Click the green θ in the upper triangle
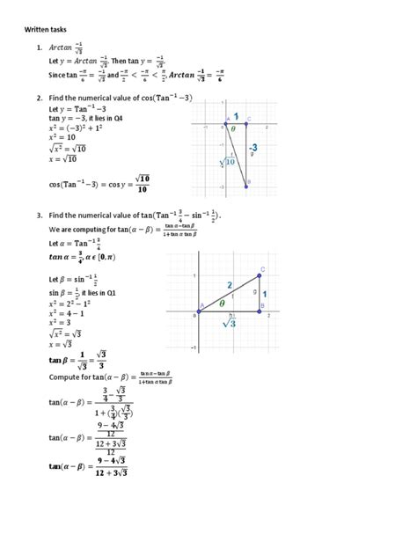tap(234, 128)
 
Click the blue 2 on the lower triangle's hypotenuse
tap(230, 285)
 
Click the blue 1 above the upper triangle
tap(236, 115)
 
